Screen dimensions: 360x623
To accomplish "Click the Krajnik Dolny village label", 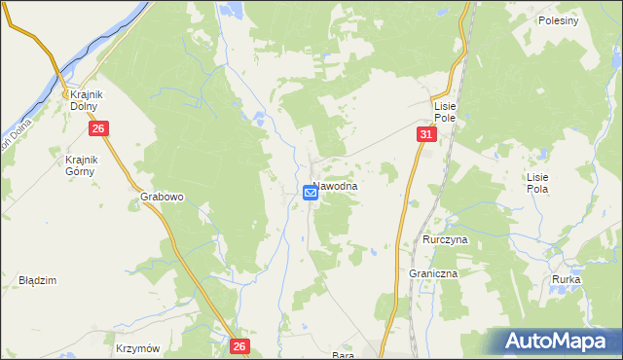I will click(87, 99).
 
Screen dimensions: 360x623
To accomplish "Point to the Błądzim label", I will click(38, 280).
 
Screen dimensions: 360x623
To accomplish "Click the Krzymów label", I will click(137, 347).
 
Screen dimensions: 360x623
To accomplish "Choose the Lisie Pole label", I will click(446, 110).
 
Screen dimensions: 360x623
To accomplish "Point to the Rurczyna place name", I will click(446, 239).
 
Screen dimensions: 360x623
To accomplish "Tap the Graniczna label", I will click(433, 274).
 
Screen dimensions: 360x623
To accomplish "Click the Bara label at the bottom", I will click(342, 355).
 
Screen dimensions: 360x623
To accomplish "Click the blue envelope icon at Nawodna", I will click(311, 193).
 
